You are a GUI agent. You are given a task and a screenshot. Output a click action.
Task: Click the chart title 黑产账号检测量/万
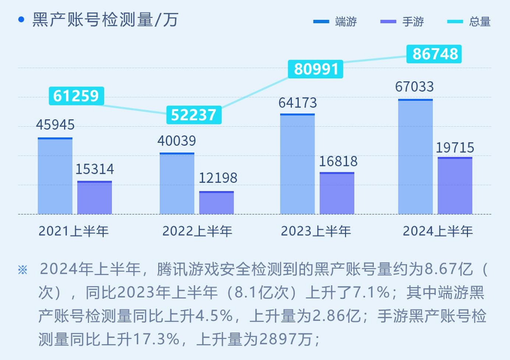pos(105,20)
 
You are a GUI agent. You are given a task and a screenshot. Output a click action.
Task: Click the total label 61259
pos(76,96)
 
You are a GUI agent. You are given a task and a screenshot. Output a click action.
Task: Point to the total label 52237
pos(194,115)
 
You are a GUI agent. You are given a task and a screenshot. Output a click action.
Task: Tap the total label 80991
pos(316,69)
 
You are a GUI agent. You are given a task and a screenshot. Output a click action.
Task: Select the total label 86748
pos(434,54)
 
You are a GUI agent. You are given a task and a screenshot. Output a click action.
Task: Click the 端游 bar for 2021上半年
pos(55,176)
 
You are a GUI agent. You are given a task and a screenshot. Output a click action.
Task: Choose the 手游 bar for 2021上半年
pos(95,198)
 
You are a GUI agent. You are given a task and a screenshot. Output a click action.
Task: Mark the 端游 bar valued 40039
pos(177,183)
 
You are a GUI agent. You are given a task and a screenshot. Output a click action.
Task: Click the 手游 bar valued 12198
pos(216,203)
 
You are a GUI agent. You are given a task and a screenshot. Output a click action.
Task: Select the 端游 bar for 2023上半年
pos(297,164)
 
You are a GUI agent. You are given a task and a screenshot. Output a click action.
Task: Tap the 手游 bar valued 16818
pos(337,193)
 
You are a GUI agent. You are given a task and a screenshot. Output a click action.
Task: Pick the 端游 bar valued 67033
pos(415,157)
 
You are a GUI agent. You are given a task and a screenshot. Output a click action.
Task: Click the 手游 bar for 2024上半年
pos(455,186)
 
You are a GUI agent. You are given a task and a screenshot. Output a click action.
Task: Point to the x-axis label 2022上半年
pos(197,231)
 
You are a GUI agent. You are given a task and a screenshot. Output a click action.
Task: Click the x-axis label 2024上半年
pos(438,231)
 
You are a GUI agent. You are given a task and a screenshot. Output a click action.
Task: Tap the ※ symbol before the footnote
pos(23,270)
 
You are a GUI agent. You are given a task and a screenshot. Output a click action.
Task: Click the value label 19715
pos(455,148)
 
